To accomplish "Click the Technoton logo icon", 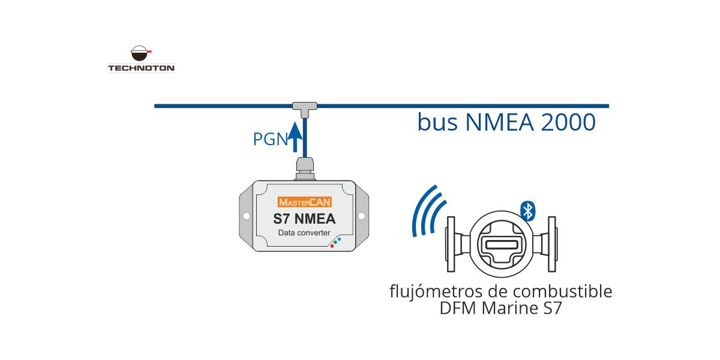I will coord(140,55).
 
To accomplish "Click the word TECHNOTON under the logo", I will coord(141,68).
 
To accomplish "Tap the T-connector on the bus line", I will coord(305,106).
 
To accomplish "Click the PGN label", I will coord(269,140).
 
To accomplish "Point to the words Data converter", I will coord(304,233).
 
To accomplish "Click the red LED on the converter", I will coord(332,246).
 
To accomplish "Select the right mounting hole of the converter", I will coord(362,216).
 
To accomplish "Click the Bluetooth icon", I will coord(528,210).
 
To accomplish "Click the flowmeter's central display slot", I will coord(502,245).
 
